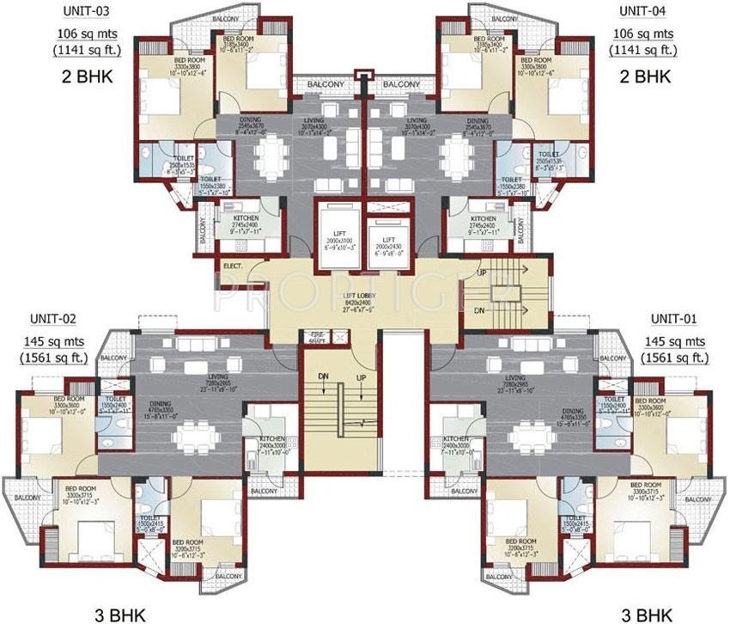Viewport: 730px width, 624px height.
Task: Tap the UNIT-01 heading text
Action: coord(672,318)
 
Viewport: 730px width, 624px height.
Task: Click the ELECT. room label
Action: coord(232,266)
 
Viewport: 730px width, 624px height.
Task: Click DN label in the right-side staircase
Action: coord(480,309)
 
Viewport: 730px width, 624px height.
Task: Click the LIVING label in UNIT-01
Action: coord(515,377)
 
